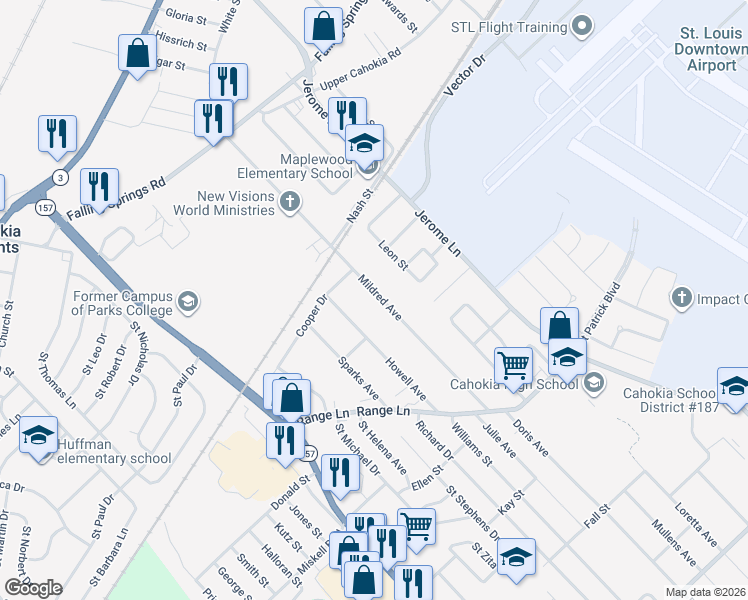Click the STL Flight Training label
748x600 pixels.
509,27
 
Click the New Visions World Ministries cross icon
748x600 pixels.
290,203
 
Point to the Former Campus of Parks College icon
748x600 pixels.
187,302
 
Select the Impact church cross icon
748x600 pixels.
681,298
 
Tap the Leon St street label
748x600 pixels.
394,256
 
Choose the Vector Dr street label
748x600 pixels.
467,75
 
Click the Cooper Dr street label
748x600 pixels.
311,314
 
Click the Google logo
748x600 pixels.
33,588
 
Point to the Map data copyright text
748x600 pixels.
706,592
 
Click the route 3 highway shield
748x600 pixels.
61,178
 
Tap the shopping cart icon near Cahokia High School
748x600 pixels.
513,364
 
